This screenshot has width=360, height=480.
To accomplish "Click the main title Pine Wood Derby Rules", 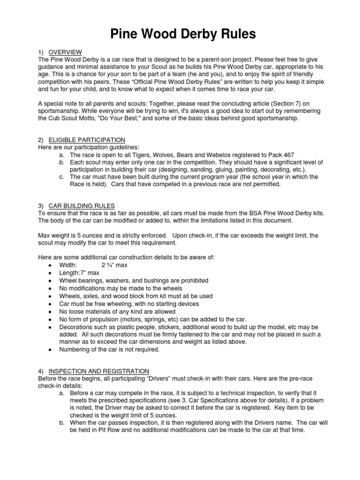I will pyautogui.click(x=180, y=34).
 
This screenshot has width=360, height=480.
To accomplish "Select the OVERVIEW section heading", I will pyautogui.click(x=66, y=52).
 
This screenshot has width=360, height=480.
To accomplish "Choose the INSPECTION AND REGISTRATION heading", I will pyautogui.click(x=99, y=371).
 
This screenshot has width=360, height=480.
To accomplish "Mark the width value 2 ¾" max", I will pyautogui.click(x=114, y=265).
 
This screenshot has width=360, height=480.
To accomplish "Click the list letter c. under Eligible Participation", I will pyautogui.click(x=62, y=177).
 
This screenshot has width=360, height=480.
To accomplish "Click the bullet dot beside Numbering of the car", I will pyautogui.click(x=50, y=349).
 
